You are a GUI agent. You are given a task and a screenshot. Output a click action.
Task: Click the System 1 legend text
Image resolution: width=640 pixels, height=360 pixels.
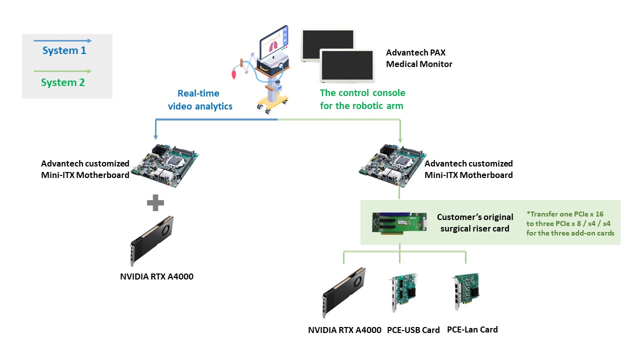tap(64, 50)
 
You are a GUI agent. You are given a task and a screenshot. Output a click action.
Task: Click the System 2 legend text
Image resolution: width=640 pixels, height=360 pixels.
tap(63, 82)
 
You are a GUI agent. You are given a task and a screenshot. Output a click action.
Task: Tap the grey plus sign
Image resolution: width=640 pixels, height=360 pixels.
tap(155, 203)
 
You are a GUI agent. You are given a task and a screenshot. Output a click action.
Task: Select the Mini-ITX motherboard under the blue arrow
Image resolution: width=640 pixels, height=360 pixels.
tap(165, 165)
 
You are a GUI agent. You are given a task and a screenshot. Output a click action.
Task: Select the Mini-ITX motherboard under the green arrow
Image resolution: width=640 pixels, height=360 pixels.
tap(392, 165)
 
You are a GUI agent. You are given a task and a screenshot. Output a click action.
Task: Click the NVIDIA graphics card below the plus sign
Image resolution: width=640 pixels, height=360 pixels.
tap(152, 241)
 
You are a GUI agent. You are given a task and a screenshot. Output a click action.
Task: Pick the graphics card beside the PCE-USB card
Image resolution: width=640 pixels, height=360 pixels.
tap(343, 292)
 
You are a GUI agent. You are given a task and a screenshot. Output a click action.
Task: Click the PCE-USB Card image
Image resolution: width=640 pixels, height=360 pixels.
tap(403, 292)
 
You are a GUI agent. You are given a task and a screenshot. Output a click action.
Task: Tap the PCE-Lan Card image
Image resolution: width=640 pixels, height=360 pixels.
tap(467, 291)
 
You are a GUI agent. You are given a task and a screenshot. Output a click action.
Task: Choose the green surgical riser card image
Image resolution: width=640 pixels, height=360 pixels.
tap(400, 223)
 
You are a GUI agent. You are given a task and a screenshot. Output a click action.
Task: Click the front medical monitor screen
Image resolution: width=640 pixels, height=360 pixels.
tap(347, 65)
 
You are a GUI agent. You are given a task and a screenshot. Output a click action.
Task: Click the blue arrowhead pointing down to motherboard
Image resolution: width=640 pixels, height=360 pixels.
tap(155, 137)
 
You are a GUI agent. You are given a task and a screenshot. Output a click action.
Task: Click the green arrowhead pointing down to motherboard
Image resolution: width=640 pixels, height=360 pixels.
tap(400, 140)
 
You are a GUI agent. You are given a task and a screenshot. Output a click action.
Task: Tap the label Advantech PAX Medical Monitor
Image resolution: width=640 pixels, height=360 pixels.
tap(419, 58)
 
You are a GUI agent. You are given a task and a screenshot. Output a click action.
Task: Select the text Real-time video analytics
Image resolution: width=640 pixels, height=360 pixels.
tap(200, 99)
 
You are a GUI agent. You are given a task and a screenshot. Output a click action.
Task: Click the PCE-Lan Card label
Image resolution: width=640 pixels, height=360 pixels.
tap(472, 329)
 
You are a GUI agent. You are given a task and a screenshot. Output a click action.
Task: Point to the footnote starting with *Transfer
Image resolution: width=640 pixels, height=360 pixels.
tap(570, 223)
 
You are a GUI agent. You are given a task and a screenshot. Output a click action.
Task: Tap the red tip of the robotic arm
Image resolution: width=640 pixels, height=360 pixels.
tap(234, 74)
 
